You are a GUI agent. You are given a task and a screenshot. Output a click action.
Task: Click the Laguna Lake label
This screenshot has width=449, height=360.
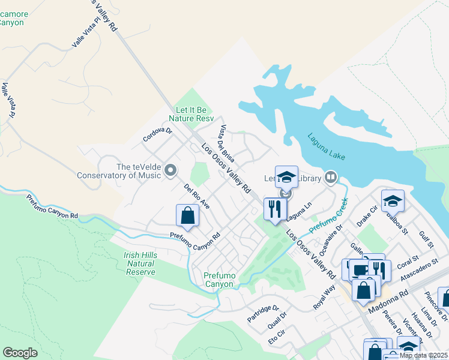tap(327, 146)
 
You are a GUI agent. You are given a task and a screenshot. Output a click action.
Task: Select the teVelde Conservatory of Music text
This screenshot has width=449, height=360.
tap(118, 171)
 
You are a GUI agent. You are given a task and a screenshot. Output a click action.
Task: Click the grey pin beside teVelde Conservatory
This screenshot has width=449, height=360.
tap(170, 172)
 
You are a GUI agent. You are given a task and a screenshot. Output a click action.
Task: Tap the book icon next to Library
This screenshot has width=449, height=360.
tap(331, 177)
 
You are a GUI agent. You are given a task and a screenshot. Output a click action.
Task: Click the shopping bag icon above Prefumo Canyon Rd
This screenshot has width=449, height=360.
tap(187, 215)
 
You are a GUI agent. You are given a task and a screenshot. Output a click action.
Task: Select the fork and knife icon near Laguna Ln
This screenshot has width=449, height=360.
tap(275, 209)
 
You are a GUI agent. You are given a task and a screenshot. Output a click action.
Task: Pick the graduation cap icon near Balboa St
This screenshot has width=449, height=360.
tap(393, 201)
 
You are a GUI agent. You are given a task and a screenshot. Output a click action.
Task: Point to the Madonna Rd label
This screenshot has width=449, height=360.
tap(388, 298)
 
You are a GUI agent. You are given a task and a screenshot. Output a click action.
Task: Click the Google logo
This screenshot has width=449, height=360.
tap(20, 352)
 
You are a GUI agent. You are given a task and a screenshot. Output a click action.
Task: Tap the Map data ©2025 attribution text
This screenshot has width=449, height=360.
tap(423, 355)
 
